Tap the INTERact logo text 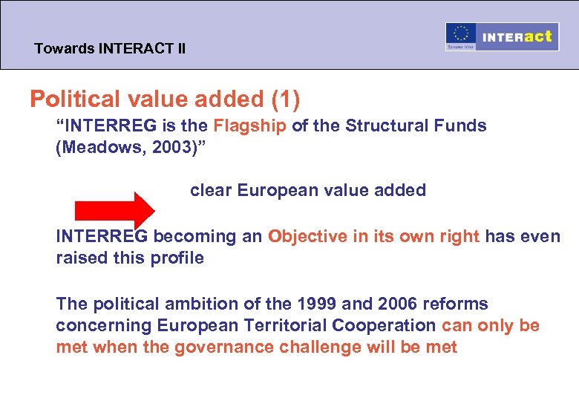(517, 36)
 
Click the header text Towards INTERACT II (110, 50)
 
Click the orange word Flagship (249, 125)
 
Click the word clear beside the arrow (211, 190)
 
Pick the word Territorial (285, 325)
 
